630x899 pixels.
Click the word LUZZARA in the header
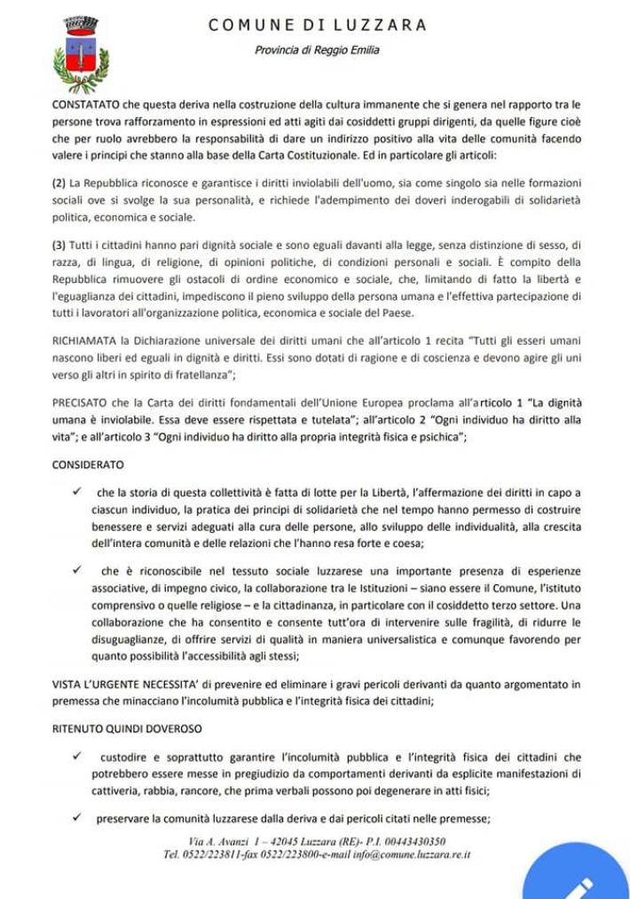(x=382, y=25)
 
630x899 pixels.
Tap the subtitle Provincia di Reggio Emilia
(x=317, y=50)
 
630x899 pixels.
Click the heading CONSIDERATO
(x=88, y=465)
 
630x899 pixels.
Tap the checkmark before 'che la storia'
(x=79, y=491)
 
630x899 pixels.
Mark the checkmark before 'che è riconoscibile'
(x=79, y=569)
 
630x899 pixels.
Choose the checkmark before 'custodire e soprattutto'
(x=79, y=755)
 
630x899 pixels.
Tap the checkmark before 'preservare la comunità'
(x=79, y=817)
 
